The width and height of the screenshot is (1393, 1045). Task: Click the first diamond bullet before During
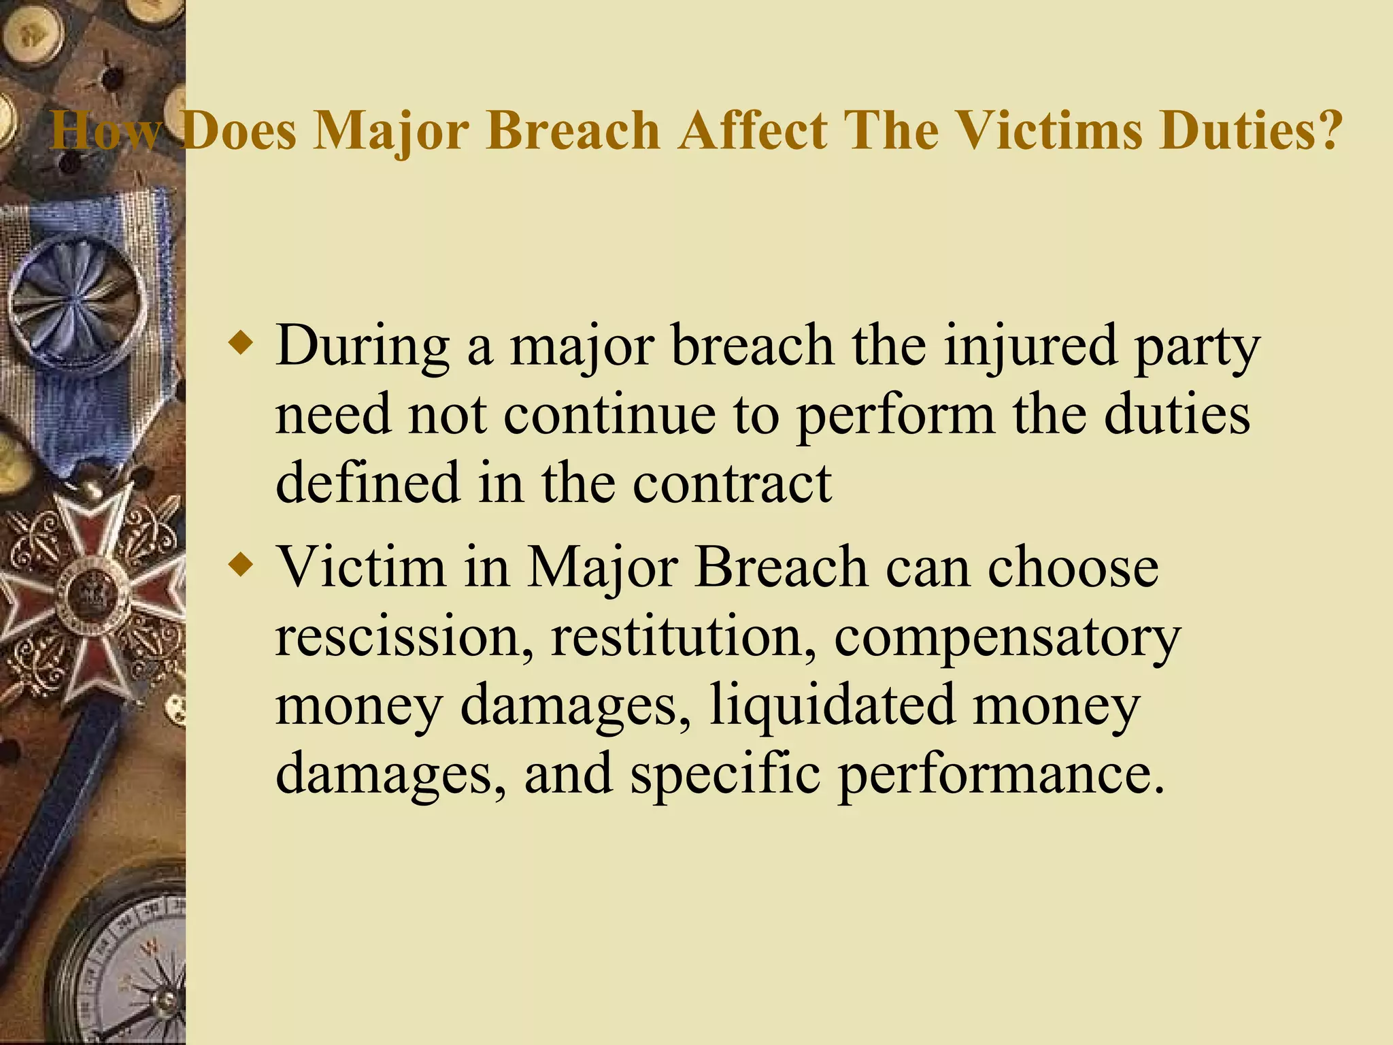pos(241,343)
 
